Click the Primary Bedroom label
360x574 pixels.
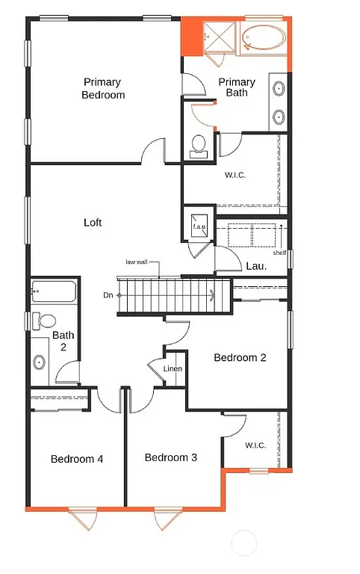pyautogui.click(x=104, y=88)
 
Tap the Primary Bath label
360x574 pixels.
pyautogui.click(x=237, y=87)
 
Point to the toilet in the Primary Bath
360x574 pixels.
pyautogui.click(x=199, y=146)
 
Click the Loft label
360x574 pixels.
pyautogui.click(x=93, y=223)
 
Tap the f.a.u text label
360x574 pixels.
pyautogui.click(x=199, y=226)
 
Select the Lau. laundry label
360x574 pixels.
pyautogui.click(x=257, y=266)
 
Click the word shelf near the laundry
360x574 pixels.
pyautogui.click(x=279, y=253)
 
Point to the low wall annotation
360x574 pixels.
pyautogui.click(x=137, y=262)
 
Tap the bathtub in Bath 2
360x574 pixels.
pyautogui.click(x=54, y=292)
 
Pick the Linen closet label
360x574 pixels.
pyautogui.click(x=173, y=369)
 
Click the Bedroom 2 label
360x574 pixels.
pyautogui.click(x=240, y=357)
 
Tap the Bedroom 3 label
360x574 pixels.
pyautogui.click(x=171, y=457)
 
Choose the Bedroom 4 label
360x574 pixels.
pyautogui.click(x=77, y=459)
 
